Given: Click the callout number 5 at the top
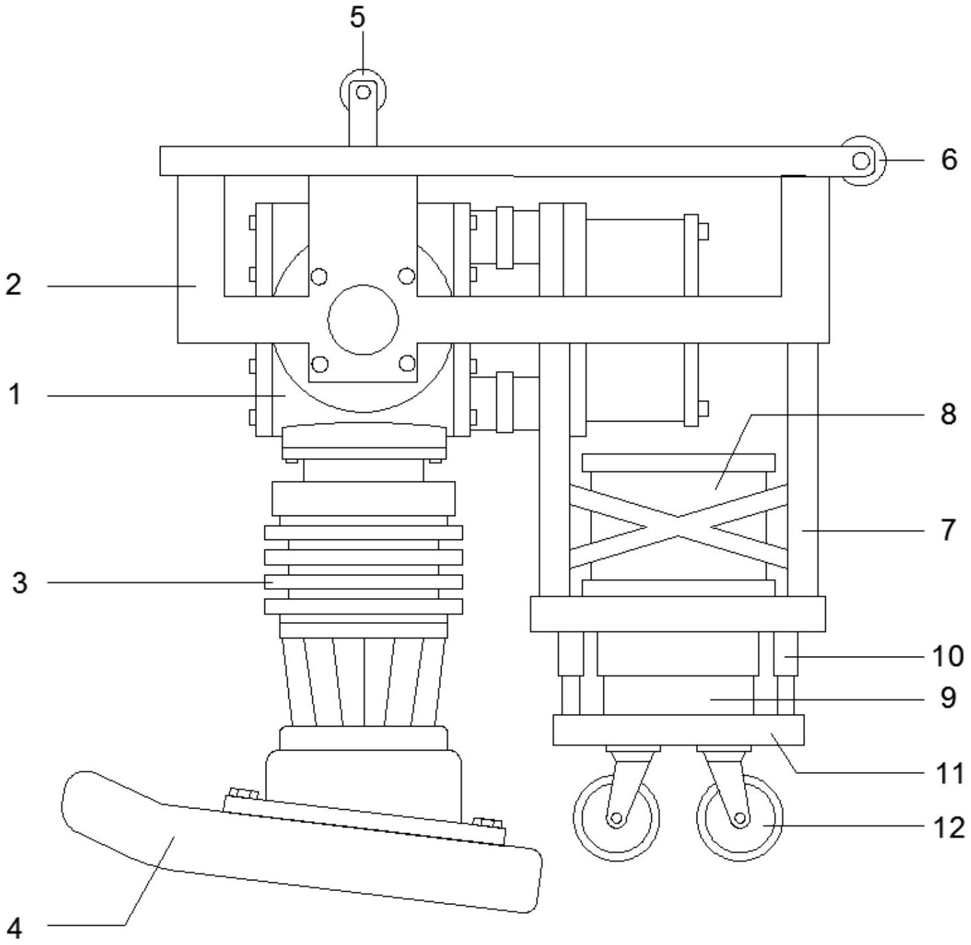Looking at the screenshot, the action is coord(357,17).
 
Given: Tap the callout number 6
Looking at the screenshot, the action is coord(948,160).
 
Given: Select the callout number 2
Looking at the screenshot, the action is coord(13,284).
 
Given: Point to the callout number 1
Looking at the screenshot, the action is coord(15,394).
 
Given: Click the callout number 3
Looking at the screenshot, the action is coord(19,583).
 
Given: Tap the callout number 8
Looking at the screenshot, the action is coord(948,414).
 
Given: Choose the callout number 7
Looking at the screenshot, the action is coord(948,530).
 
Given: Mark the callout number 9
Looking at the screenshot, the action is coord(948,698).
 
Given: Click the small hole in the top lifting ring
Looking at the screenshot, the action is coord(363,93).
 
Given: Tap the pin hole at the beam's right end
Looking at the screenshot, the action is coord(861,161).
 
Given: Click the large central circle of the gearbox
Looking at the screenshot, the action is coord(363,320).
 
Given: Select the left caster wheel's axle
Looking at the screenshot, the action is coord(617,818).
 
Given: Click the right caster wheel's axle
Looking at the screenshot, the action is coord(740,818).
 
